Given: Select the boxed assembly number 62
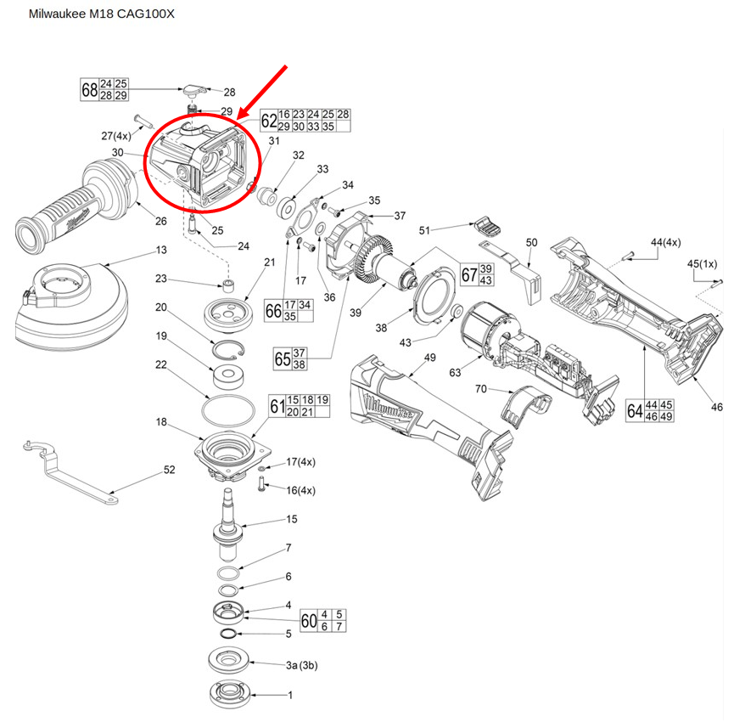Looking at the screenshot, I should click(x=268, y=120).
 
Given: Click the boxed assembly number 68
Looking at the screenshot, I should click(x=89, y=89).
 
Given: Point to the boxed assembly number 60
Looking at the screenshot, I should click(x=309, y=620).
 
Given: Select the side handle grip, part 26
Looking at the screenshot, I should click(x=76, y=207).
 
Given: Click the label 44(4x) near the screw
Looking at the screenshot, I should click(x=667, y=244).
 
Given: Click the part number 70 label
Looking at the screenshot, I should click(x=479, y=389).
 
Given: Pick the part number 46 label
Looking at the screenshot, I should click(x=717, y=408).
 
